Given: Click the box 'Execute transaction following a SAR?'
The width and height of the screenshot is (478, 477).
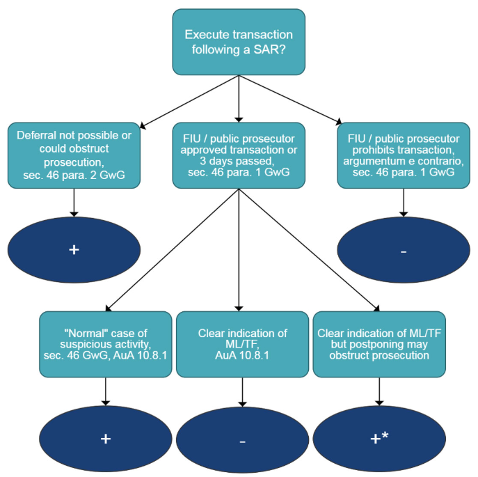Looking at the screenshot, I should [239, 42].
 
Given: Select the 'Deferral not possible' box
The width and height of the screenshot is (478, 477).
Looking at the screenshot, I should [74, 155].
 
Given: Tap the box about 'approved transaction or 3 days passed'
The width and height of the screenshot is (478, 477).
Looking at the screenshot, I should [239, 155].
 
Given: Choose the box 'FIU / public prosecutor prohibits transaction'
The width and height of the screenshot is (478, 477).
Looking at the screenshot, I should [404, 155].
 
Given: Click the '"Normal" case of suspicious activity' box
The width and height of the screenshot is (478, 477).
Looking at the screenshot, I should [105, 344].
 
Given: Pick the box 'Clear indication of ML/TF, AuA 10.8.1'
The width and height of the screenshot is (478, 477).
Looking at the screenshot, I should [241, 344].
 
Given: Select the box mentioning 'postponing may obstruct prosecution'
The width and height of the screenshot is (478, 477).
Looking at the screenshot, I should [379, 344].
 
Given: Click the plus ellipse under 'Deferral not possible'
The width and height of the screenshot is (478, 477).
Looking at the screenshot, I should [74, 249].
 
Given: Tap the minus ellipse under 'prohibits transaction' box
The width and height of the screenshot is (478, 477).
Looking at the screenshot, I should [404, 249].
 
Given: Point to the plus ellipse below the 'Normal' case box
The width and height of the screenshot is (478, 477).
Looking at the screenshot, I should [105, 439].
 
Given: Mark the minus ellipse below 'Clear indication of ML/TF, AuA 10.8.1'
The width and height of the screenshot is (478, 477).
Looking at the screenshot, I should [241, 439].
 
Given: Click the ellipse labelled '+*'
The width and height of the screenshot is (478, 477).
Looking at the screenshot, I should [379, 439].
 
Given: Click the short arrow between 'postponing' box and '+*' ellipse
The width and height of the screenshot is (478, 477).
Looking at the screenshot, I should [379, 392].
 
